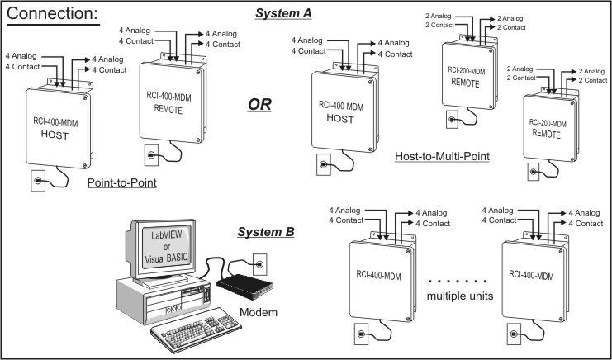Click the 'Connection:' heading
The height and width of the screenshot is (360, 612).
pyautogui.click(x=57, y=15)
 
